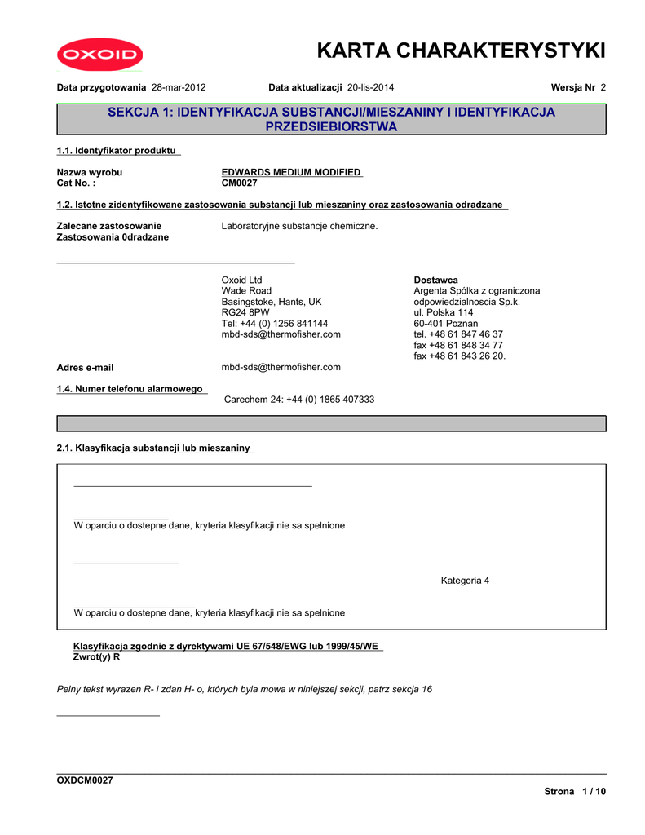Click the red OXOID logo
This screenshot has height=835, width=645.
[99, 55]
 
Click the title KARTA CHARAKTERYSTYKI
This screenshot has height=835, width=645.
[461, 51]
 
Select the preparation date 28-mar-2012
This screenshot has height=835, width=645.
[179, 86]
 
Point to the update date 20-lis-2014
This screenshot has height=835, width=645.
[372, 86]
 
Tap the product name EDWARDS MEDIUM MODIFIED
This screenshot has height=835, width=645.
[292, 172]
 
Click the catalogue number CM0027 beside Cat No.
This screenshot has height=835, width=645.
[240, 183]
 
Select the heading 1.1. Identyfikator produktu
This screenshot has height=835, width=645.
[118, 151]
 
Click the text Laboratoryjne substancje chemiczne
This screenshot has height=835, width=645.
[299, 226]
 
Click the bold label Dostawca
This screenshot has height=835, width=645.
[435, 280]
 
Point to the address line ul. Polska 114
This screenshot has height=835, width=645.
[443, 312]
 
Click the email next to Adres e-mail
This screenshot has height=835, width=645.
[281, 368]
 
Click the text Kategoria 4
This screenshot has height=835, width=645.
[465, 581]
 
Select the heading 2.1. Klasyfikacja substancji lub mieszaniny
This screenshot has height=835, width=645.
[155, 448]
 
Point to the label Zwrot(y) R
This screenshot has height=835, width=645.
[97, 656]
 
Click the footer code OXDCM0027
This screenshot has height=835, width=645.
[85, 780]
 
